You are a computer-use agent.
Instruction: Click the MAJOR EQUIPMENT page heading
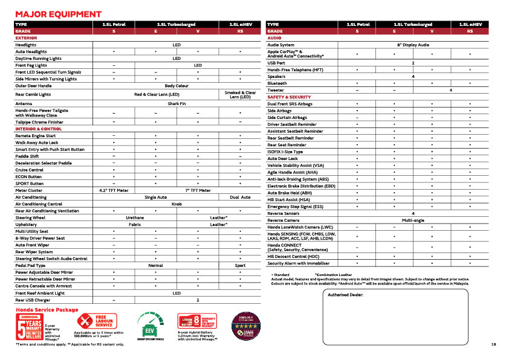pyautogui.click(x=58, y=14)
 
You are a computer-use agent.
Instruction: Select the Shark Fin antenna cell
pyautogui.click(x=177, y=103)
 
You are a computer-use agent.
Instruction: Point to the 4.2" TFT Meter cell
pyautogui.click(x=114, y=190)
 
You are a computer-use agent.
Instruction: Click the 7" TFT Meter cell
pyautogui.click(x=198, y=190)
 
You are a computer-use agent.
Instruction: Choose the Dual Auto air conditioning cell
pyautogui.click(x=240, y=198)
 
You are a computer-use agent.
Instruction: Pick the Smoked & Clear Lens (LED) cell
pyautogui.click(x=240, y=95)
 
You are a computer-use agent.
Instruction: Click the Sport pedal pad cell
pyautogui.click(x=240, y=266)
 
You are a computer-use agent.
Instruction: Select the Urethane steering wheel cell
pyautogui.click(x=135, y=217)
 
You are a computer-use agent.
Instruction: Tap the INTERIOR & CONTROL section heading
pyautogui.click(x=39, y=129)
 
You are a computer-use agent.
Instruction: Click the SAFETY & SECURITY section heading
pyautogui.click(x=289, y=97)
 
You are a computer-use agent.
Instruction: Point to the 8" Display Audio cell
pyautogui.click(x=413, y=45)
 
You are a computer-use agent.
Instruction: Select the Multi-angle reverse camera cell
pyautogui.click(x=413, y=220)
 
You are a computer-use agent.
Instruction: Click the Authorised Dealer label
pyautogui.click(x=345, y=295)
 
